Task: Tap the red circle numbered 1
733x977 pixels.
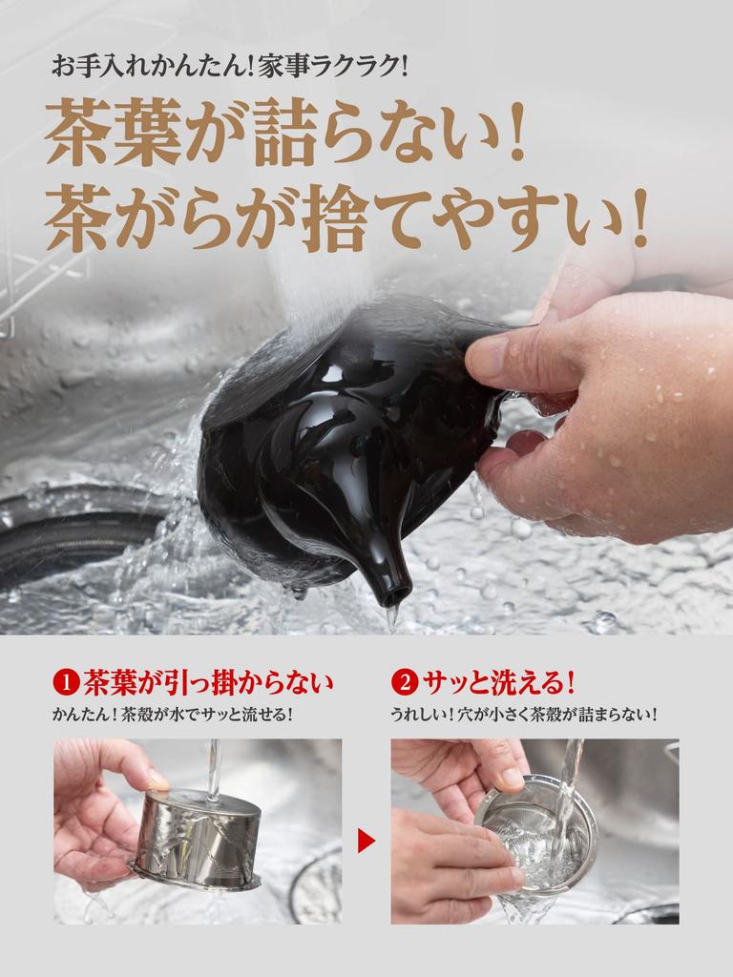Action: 65,683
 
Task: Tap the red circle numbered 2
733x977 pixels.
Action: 404,683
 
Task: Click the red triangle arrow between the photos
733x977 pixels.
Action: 366,841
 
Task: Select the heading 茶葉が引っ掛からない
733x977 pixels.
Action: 208,683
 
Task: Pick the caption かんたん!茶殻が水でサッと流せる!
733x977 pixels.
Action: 172,715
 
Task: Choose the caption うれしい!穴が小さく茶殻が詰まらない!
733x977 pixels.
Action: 524,715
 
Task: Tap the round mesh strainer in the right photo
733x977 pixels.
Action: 534,830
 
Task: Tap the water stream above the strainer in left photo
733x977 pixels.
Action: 215,768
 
